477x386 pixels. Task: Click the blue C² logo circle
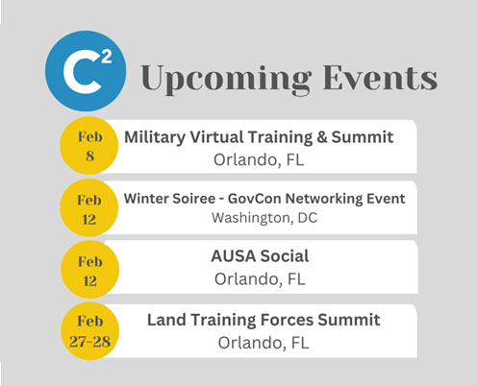86,71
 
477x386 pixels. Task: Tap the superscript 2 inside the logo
107,58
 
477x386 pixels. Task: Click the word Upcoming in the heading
226,79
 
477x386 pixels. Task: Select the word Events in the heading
380,78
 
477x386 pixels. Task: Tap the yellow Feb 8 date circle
89,146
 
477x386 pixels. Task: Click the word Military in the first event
155,137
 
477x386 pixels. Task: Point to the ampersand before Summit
322,137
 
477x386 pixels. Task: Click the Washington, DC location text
264,218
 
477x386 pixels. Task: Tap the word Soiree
193,199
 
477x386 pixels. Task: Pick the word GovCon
255,199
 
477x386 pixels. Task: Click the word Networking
324,199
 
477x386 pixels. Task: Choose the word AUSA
234,256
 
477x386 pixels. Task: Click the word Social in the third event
285,256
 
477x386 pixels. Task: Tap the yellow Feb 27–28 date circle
90,331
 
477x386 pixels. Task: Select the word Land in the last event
166,320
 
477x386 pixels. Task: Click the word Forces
287,320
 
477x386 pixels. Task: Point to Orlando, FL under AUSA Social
260,279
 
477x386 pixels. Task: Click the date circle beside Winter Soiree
89,208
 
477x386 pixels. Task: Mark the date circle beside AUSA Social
90,270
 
